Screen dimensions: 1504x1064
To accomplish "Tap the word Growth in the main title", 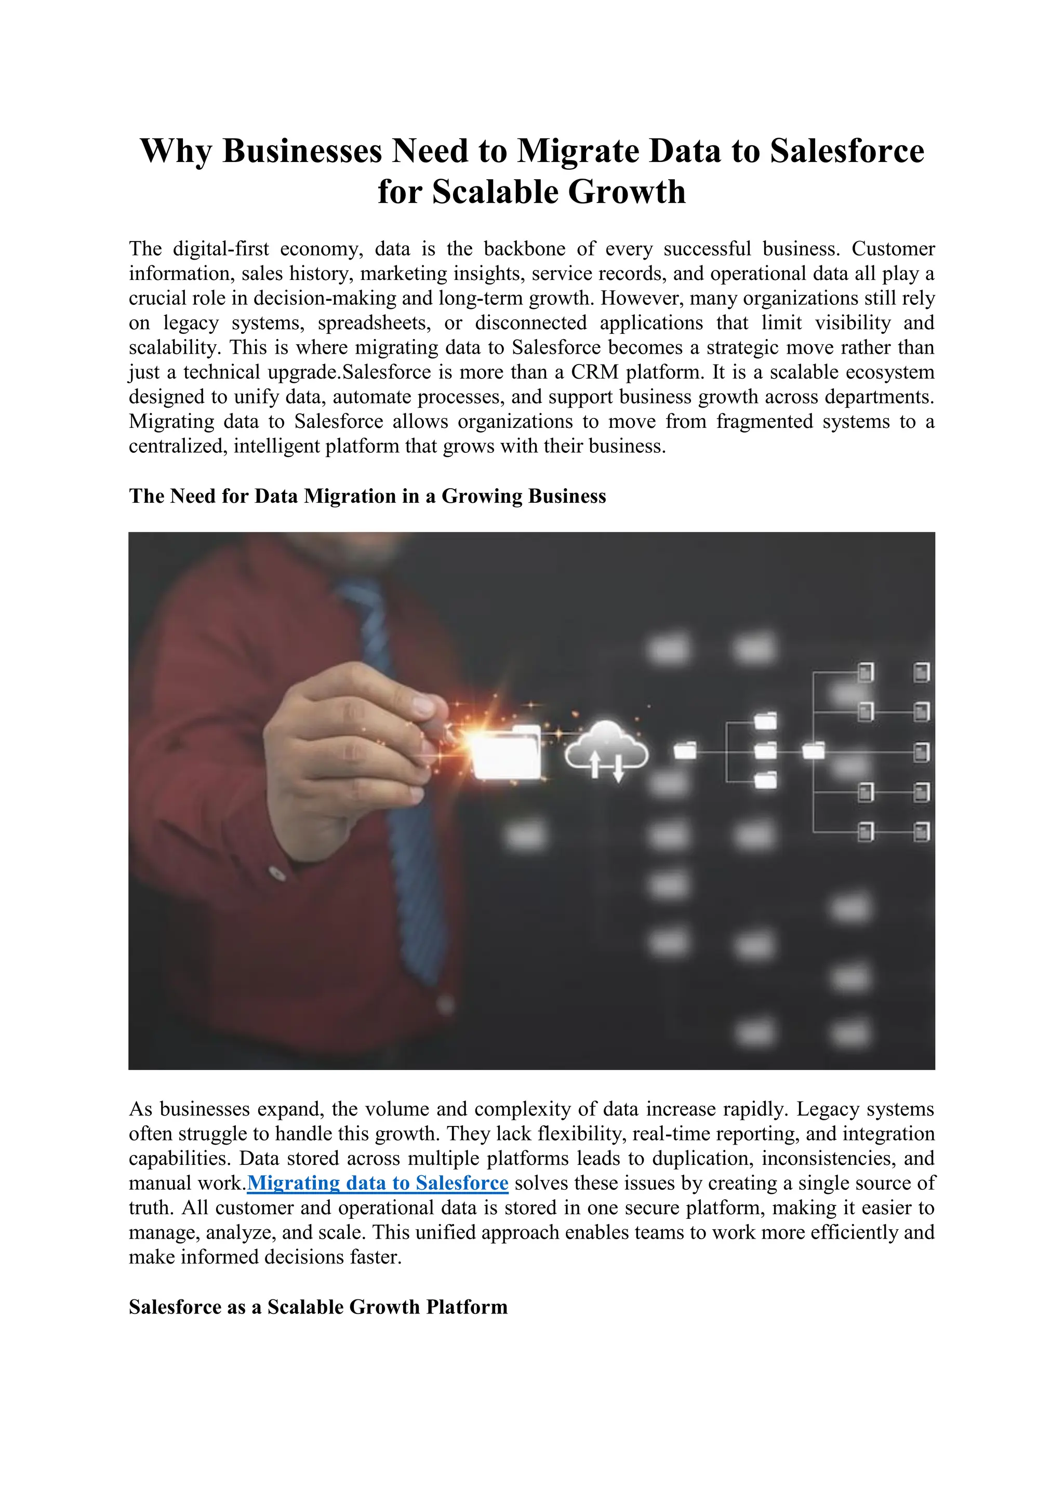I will coord(627,192).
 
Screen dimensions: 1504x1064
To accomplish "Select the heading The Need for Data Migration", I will coord(367,496).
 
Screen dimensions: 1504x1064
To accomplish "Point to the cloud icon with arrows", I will coord(606,751).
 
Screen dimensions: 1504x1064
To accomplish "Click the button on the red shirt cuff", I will coord(277,873).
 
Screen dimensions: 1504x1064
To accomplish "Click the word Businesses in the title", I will coord(301,151).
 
